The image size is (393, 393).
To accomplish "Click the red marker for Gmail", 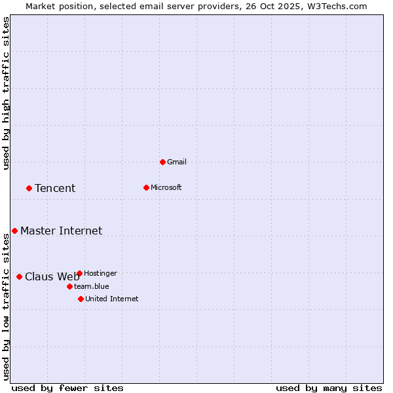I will [x=162, y=162].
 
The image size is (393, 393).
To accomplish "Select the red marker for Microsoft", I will [x=146, y=187].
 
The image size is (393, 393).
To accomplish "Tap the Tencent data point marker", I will [x=29, y=188].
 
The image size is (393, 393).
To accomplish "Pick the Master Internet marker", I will [x=14, y=231].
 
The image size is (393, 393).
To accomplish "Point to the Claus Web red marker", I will [x=19, y=276].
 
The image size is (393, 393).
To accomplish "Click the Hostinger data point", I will [x=79, y=273].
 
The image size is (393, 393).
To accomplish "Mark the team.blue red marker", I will [x=69, y=286].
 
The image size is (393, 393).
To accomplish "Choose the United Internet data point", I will [x=81, y=299].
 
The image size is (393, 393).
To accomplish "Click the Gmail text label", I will [x=178, y=162].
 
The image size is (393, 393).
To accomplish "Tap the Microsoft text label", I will [x=166, y=187].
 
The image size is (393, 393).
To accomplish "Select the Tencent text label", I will [x=55, y=189].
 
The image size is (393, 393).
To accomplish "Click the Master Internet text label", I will [x=62, y=231].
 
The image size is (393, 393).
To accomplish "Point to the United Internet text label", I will [x=112, y=299].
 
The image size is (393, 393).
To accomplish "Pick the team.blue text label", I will [x=92, y=286].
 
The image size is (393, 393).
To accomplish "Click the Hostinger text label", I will [x=101, y=273].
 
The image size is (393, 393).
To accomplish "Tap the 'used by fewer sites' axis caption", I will [x=67, y=388].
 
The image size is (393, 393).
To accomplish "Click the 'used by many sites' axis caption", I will [x=329, y=388].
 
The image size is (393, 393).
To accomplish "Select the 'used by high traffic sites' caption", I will [x=7, y=93].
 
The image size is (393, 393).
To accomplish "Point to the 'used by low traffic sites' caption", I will [x=7, y=307].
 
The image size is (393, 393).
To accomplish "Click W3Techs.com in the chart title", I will [x=337, y=6].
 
